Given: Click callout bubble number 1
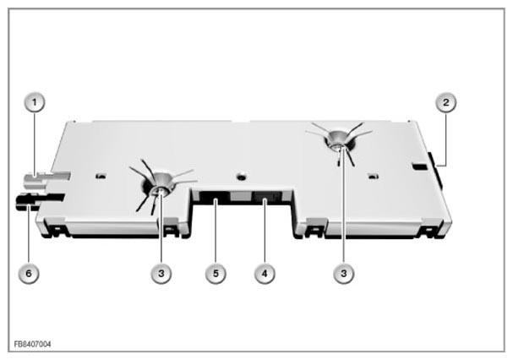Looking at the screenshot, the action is pyautogui.click(x=35, y=102).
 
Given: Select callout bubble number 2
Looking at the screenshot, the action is pyautogui.click(x=445, y=102).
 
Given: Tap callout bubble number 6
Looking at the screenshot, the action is pyautogui.click(x=29, y=273).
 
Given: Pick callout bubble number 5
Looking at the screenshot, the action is pyautogui.click(x=216, y=273).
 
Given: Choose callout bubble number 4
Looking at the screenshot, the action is pyautogui.click(x=265, y=273).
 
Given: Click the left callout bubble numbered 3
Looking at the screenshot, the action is pyautogui.click(x=161, y=273).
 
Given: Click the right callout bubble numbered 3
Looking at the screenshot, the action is pyautogui.click(x=343, y=273).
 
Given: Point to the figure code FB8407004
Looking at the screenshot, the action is pyautogui.click(x=32, y=344).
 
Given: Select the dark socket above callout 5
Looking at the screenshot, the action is pyautogui.click(x=215, y=198).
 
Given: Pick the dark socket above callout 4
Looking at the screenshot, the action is pyautogui.click(x=267, y=198).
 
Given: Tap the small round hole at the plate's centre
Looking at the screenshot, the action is pyautogui.click(x=242, y=177).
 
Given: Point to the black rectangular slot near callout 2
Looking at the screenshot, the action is pyautogui.click(x=420, y=166).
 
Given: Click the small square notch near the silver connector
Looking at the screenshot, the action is pyautogui.click(x=101, y=177).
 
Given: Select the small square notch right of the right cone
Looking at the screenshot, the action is pyautogui.click(x=374, y=177).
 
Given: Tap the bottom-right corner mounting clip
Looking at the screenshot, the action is pyautogui.click(x=429, y=232).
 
